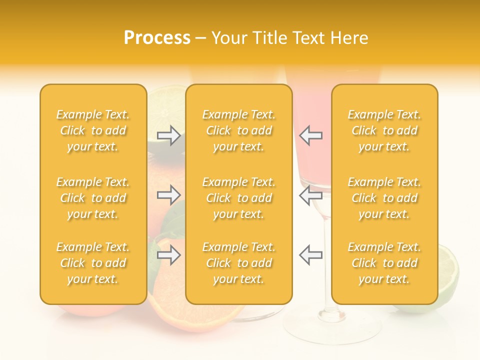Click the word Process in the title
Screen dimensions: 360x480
[157, 38]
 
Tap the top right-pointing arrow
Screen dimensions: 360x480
[169, 135]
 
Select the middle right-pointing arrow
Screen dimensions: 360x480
[169, 195]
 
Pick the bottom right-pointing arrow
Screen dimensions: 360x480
[169, 255]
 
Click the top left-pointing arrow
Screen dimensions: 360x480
[310, 135]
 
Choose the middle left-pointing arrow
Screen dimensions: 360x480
[310, 195]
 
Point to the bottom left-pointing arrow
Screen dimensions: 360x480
[310, 255]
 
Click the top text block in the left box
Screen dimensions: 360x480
[93, 130]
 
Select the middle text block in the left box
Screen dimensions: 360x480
[93, 198]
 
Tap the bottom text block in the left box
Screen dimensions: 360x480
[93, 263]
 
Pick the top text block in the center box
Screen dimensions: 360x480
[239, 130]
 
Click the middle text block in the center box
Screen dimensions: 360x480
[239, 198]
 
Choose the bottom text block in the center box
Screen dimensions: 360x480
[239, 263]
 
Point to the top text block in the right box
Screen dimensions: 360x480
[384, 130]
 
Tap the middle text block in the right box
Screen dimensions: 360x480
[384, 198]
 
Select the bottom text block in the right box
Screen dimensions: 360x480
[384, 263]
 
